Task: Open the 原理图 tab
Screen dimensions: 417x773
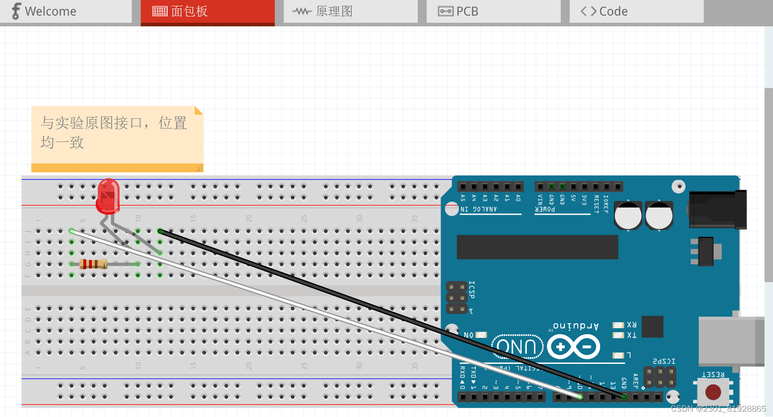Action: coord(334,11)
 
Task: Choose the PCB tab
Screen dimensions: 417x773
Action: coord(467,11)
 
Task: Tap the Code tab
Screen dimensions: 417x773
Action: coord(613,11)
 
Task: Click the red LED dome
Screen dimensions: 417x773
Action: coord(108,196)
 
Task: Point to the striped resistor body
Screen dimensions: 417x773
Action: coord(93,264)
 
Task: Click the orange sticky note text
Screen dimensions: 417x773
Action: coord(113,132)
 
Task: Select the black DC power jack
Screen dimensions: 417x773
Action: coord(718,209)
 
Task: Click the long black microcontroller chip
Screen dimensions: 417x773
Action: coord(537,247)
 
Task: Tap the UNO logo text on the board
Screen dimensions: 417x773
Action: coord(517,346)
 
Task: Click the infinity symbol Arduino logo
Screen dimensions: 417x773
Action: coord(574,346)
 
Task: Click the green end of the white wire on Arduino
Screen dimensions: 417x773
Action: coord(580,396)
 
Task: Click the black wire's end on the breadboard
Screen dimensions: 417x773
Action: coord(160,231)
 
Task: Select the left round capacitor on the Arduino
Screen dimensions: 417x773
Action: coord(627,215)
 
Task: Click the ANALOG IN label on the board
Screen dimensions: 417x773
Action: coord(479,209)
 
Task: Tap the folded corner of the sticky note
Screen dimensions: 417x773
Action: coord(198,110)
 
